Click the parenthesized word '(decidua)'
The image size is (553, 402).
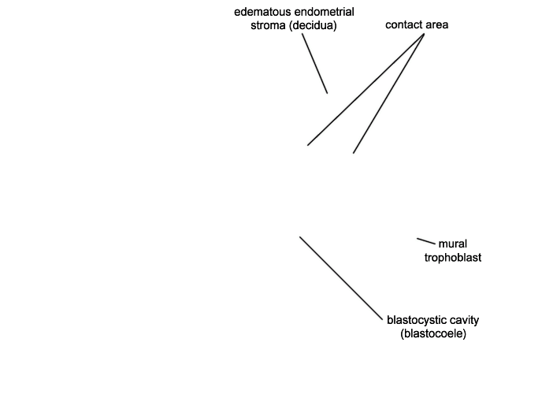313,25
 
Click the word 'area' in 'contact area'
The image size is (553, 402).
437,25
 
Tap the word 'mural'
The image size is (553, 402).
453,244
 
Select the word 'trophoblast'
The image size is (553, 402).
453,258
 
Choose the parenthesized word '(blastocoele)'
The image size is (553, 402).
433,333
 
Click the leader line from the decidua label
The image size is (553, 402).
314,64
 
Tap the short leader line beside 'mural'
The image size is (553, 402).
426,241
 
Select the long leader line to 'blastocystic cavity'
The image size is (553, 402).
341,278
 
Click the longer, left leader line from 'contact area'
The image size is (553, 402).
366,89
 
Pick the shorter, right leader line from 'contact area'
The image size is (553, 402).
388,94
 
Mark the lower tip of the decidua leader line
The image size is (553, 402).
327,93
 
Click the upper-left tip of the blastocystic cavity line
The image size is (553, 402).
300,236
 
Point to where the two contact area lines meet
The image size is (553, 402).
424,34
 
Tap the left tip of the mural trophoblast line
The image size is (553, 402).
418,239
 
